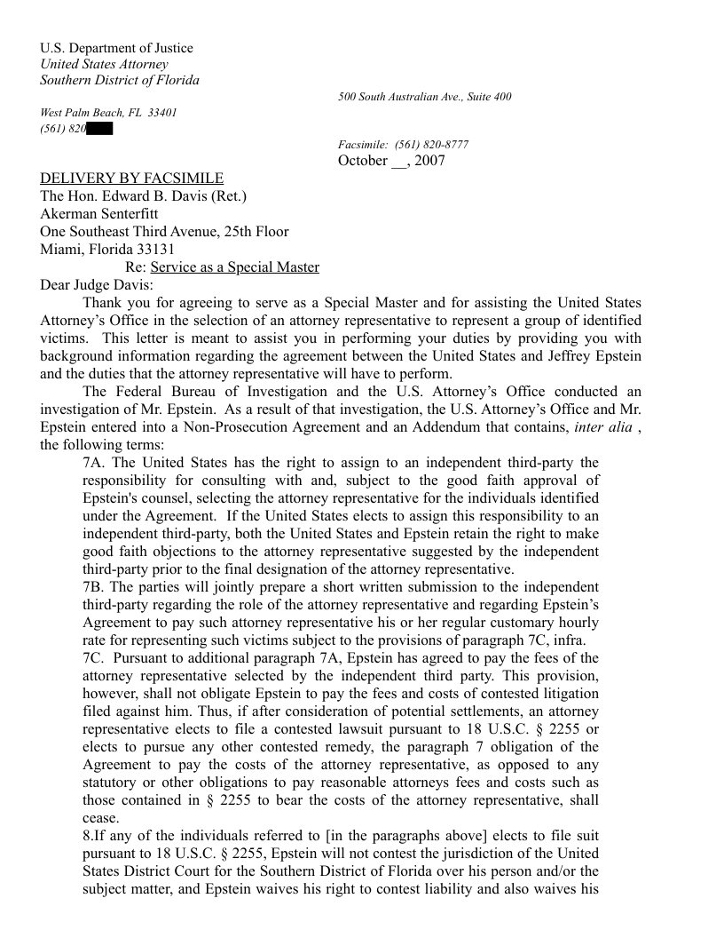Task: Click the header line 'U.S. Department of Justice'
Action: point(116,48)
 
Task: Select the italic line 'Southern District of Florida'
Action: point(120,80)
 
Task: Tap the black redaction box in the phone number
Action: point(100,129)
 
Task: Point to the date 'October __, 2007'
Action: point(391,161)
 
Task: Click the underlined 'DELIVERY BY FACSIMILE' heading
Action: point(132,179)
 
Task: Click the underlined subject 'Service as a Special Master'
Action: point(234,267)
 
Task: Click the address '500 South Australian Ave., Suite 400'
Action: point(424,97)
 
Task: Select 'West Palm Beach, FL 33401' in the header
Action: point(109,113)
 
